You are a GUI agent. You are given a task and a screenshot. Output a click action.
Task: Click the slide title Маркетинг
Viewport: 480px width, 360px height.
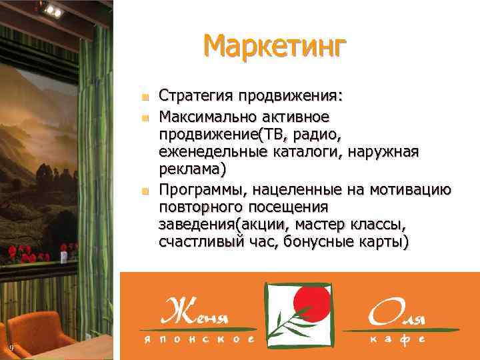click(275, 47)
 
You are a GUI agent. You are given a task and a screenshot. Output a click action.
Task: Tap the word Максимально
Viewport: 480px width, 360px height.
click(204, 117)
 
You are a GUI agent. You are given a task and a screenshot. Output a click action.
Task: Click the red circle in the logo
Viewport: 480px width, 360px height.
click(312, 301)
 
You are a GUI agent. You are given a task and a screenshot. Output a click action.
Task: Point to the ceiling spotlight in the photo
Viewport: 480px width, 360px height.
click(51, 9)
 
